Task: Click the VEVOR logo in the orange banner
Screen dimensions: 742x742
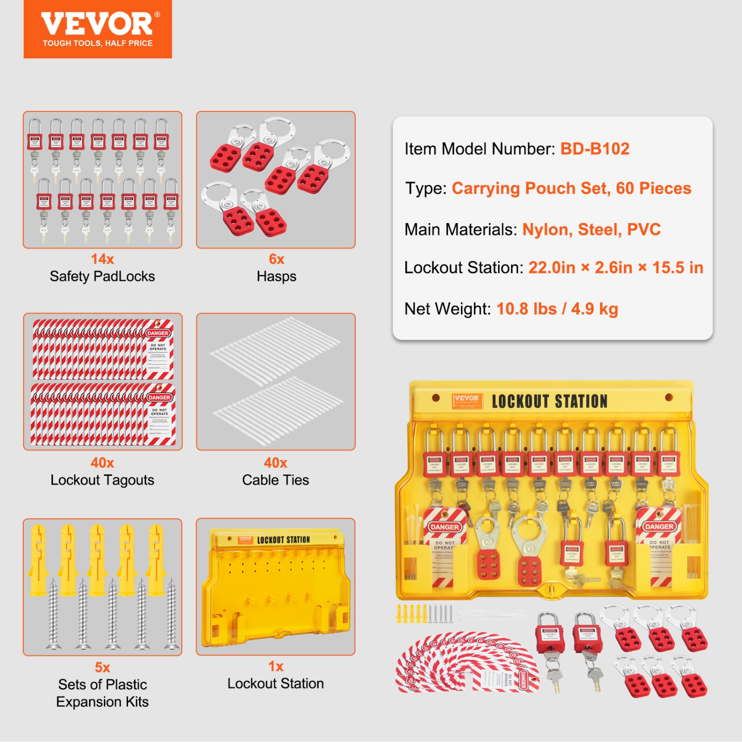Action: coord(97,24)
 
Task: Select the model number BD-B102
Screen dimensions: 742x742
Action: coord(595,149)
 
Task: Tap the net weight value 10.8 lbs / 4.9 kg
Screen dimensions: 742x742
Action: coord(557,309)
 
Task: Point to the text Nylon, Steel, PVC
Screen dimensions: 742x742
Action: coord(591,230)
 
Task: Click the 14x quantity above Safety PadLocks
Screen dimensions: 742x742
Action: coord(102,259)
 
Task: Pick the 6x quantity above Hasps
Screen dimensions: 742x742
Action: coord(276,259)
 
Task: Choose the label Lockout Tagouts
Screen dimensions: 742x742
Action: coord(102,480)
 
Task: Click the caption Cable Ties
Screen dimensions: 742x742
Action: coord(276,480)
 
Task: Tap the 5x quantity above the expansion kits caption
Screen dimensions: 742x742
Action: coord(102,667)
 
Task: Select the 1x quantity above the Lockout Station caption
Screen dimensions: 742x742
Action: coord(276,666)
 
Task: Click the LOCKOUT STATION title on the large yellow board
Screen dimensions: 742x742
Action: coord(550,401)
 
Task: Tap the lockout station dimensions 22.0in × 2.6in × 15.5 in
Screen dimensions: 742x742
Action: coord(615,268)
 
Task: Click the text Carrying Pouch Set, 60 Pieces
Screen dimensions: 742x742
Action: coord(571,188)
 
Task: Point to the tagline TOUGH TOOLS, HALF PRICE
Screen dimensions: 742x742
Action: coord(97,44)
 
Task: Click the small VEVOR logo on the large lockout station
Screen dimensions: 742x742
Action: coord(466,400)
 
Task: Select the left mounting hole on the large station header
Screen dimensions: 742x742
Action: coord(436,397)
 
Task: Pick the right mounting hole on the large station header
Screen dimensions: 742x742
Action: coord(669,397)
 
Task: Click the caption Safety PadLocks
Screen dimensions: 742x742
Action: coord(102,276)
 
